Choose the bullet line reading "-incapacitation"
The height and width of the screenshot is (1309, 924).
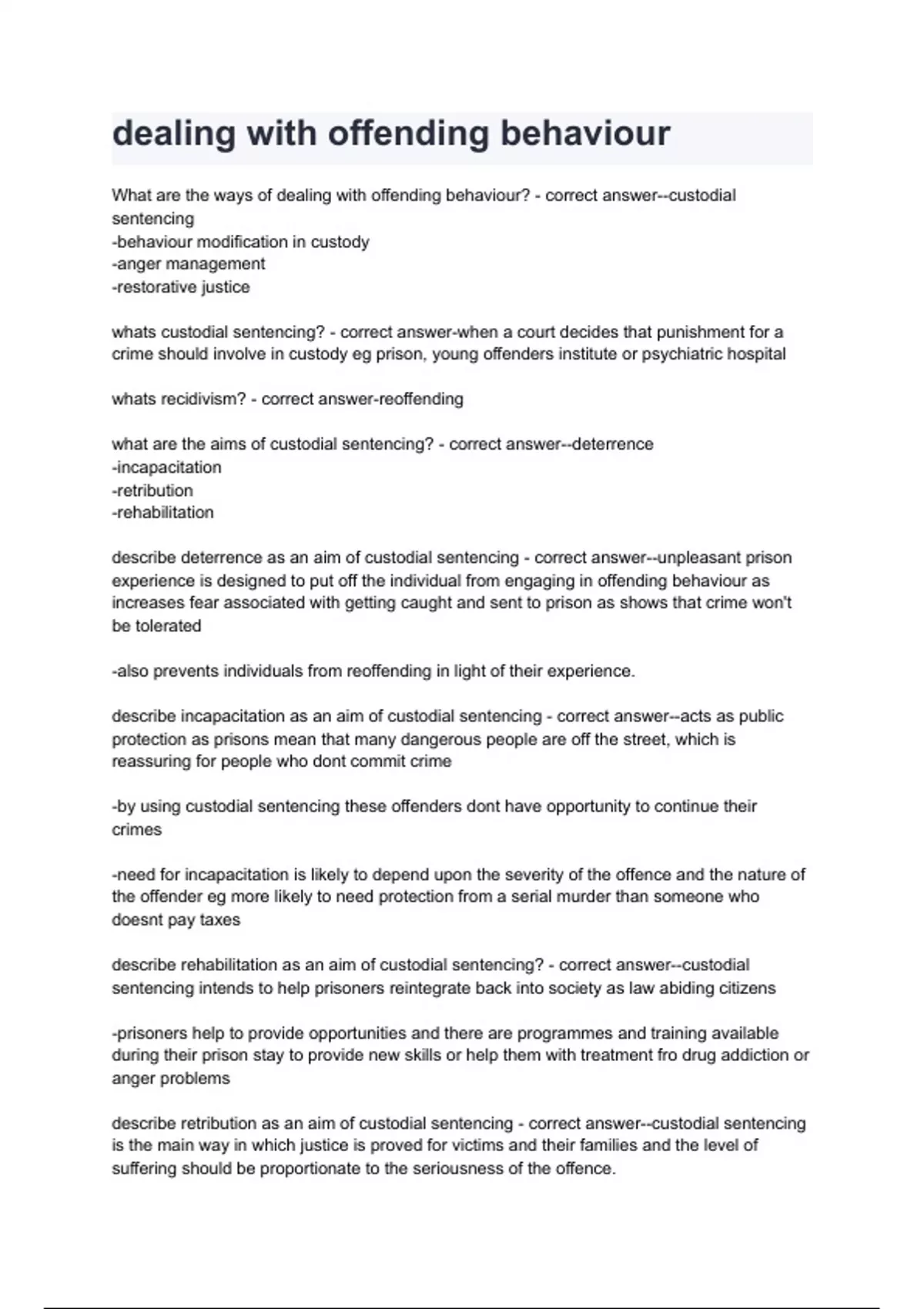point(166,467)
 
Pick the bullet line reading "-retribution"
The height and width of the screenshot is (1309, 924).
point(152,490)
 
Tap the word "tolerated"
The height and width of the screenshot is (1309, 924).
point(168,626)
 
